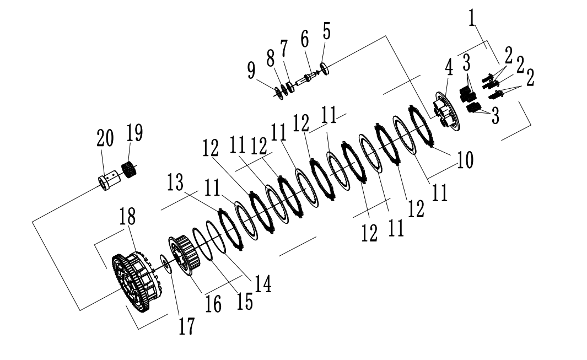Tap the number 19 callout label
(134, 133)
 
